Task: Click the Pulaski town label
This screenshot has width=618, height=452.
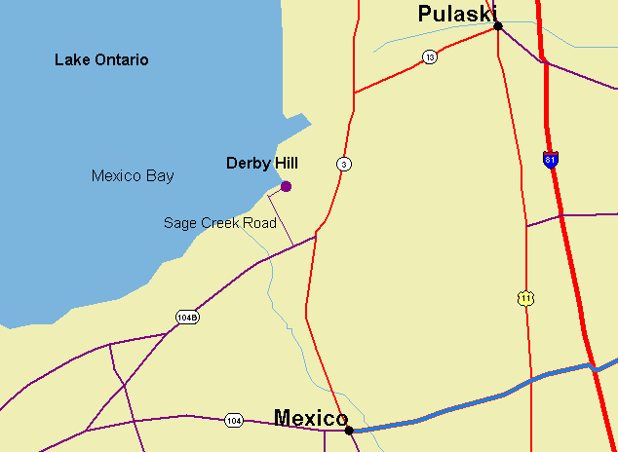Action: (x=450, y=14)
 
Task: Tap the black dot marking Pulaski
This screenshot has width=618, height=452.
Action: (x=498, y=25)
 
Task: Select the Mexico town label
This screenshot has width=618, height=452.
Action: (x=310, y=418)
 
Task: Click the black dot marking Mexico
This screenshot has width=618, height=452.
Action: (x=349, y=429)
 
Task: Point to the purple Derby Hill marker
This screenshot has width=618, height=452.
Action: (x=286, y=186)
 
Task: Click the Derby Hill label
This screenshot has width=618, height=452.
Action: (x=261, y=163)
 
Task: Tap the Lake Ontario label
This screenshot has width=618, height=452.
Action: (x=101, y=60)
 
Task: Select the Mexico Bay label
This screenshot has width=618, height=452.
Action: (x=133, y=176)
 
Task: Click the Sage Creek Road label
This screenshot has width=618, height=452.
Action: (x=219, y=223)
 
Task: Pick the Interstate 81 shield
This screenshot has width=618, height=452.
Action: (x=551, y=159)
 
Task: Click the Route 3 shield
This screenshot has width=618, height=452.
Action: (x=344, y=164)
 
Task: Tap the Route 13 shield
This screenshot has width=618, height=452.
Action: (x=430, y=57)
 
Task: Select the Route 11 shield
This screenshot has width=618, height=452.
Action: (x=526, y=298)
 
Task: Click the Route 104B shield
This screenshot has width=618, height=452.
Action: (x=187, y=318)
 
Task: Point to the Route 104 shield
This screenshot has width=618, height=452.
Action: (x=233, y=421)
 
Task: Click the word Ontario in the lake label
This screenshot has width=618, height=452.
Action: (x=121, y=60)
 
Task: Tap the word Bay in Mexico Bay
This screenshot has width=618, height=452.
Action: (x=161, y=176)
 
